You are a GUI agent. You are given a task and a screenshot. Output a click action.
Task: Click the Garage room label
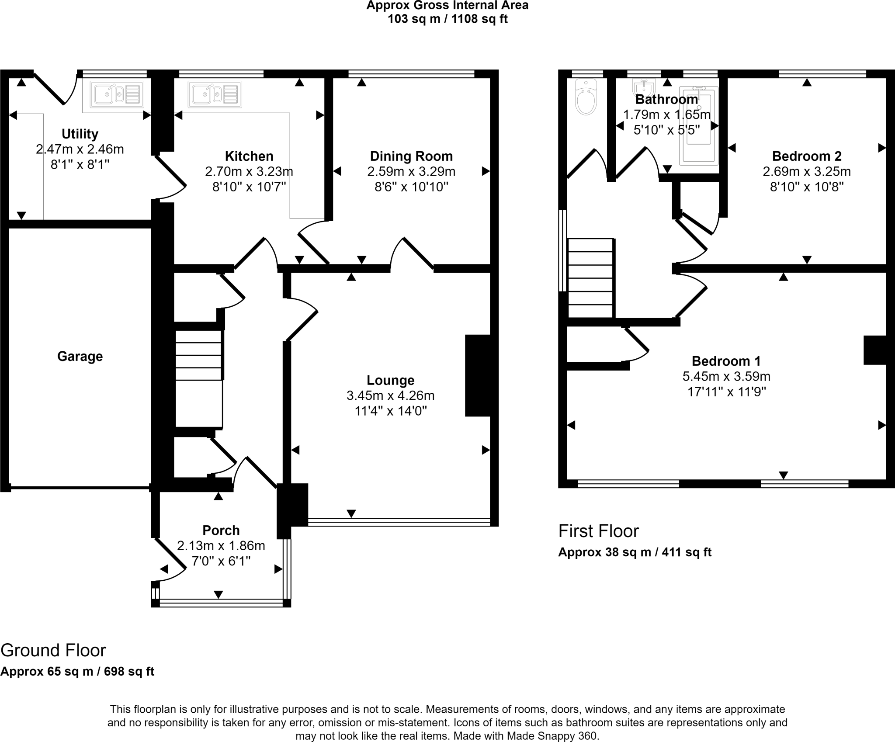[80, 357]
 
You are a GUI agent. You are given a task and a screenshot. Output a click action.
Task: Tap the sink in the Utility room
[117, 94]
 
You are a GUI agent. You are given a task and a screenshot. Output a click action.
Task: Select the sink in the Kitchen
[215, 94]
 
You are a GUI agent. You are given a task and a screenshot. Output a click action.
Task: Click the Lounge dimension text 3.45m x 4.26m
[390, 396]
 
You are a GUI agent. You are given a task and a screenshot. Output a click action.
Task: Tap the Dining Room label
[411, 156]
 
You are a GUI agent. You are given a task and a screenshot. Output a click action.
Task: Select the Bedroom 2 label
[807, 156]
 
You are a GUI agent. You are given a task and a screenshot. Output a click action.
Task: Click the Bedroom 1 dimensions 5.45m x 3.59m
[726, 377]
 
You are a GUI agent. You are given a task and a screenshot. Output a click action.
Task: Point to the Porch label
[221, 530]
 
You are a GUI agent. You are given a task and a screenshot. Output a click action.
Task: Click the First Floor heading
[598, 531]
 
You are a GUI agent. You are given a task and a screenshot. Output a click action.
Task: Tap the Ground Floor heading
[53, 651]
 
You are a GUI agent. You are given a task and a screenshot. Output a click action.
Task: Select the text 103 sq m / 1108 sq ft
[447, 19]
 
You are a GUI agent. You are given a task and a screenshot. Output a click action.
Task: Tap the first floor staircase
[590, 278]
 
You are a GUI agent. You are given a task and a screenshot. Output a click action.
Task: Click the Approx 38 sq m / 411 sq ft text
[635, 552]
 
